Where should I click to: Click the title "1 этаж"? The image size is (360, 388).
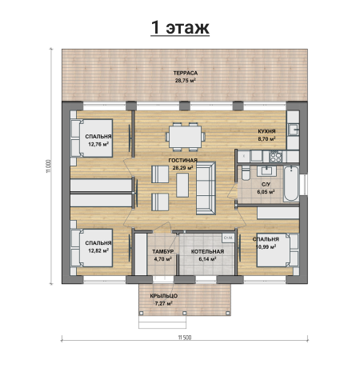tap(180, 27)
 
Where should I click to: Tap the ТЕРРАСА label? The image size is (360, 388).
tap(186, 73)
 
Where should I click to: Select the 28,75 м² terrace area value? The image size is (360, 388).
tap(186, 81)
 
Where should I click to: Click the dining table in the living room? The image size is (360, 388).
tap(186, 137)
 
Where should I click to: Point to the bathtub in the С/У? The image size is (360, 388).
tap(291, 183)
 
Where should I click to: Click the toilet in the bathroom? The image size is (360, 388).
tap(246, 174)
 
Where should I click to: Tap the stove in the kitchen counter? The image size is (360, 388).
tap(276, 156)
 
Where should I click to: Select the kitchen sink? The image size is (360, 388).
tap(293, 130)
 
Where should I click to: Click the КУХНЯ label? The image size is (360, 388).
tap(266, 131)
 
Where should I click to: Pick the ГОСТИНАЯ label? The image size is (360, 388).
tap(183, 160)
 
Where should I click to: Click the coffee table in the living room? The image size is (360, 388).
tap(182, 185)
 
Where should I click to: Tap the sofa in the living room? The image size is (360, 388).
tap(206, 188)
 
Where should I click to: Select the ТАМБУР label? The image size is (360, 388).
tap(163, 251)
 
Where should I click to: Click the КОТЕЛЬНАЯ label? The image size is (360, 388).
tap(207, 251)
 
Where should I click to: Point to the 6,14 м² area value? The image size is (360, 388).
tap(207, 258)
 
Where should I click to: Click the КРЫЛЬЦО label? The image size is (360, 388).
tap(164, 296)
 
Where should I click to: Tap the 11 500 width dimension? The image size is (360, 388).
tap(185, 338)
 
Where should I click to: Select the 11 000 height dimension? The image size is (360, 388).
tap(48, 166)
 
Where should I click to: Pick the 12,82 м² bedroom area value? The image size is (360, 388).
tap(98, 250)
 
